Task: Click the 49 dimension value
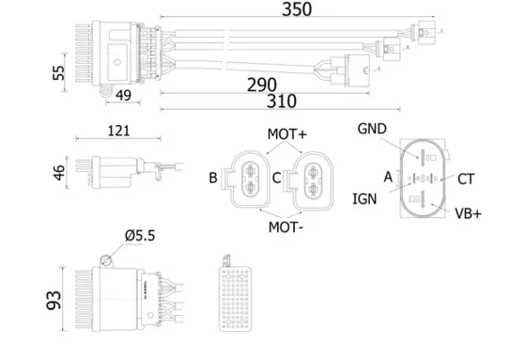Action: tap(123, 95)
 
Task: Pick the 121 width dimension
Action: tap(116, 130)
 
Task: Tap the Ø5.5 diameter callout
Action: tap(141, 236)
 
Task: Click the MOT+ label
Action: tap(287, 134)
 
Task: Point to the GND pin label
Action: tap(371, 129)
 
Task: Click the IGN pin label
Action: tap(363, 197)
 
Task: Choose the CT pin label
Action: tap(465, 179)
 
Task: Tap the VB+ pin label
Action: tap(469, 213)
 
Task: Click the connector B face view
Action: tap(247, 177)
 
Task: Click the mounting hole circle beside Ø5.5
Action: tap(106, 260)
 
